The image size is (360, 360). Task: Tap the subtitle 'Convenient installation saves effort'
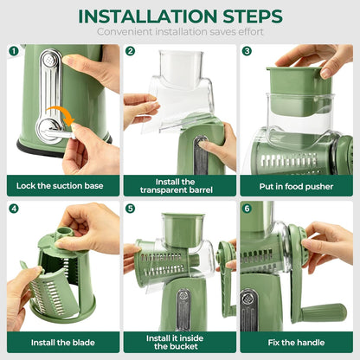click(x=179, y=32)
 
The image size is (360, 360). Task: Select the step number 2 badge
click(x=130, y=51)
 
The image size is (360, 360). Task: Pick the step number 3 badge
click(x=246, y=51)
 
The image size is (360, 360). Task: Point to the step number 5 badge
click(x=130, y=209)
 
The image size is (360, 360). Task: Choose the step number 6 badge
click(x=246, y=209)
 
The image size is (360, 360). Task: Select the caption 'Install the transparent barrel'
click(x=179, y=186)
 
